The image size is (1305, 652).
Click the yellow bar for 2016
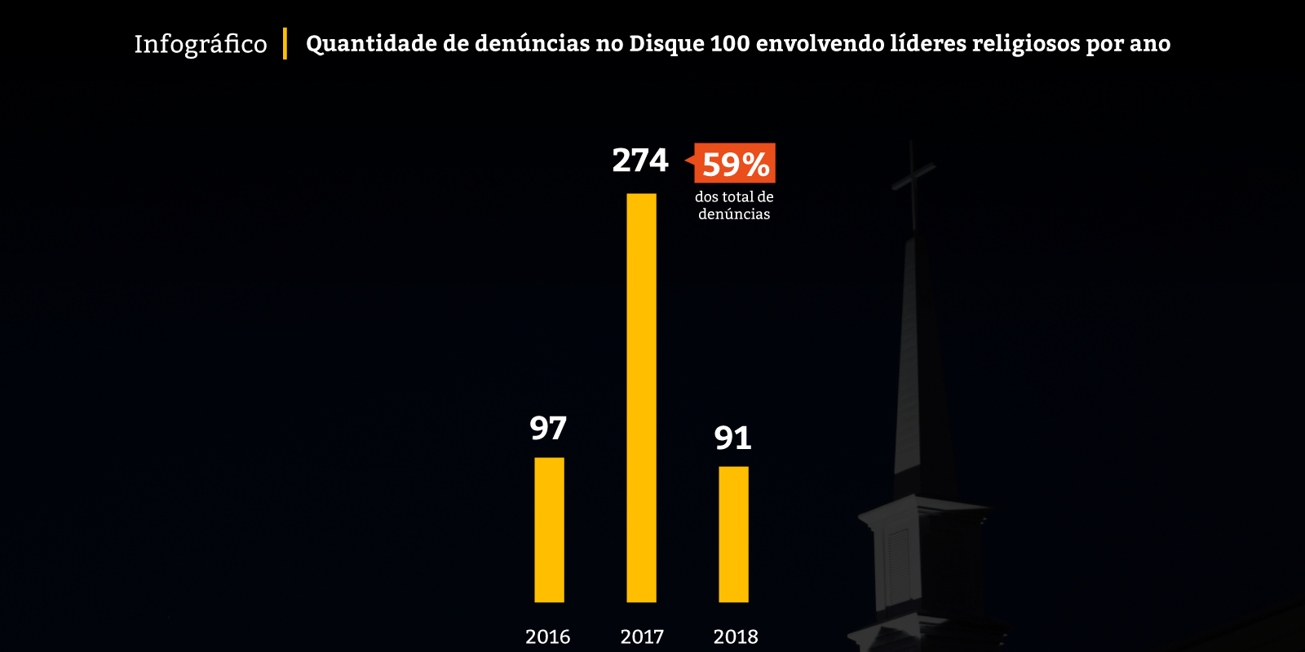(549, 530)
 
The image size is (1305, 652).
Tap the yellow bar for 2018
(733, 534)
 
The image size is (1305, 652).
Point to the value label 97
(548, 429)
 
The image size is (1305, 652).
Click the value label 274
(640, 161)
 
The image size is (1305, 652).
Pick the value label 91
(732, 438)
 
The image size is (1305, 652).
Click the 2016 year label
(548, 637)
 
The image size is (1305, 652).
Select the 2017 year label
(642, 637)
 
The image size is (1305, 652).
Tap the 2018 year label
(736, 637)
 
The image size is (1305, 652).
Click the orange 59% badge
(735, 164)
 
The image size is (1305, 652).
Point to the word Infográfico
(201, 44)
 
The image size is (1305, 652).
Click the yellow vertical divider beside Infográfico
(285, 43)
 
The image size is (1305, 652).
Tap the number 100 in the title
(730, 44)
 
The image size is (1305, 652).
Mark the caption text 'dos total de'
(734, 196)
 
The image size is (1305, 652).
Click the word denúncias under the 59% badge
(734, 214)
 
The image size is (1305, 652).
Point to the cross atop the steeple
(913, 175)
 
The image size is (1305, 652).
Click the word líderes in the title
(927, 44)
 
